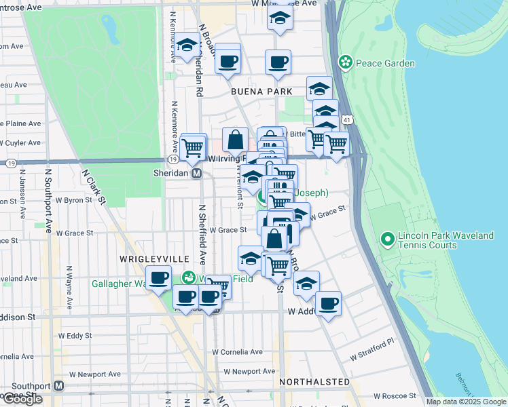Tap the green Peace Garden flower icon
pyautogui.click(x=346, y=62)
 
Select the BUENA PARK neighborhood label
pyautogui.click(x=261, y=91)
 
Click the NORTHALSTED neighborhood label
pyautogui.click(x=314, y=383)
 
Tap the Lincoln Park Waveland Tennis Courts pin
pyautogui.click(x=387, y=240)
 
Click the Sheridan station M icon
pyautogui.click(x=196, y=174)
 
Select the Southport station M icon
pyautogui.click(x=58, y=385)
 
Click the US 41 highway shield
pyautogui.click(x=347, y=119)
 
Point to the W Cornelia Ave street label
pyautogui.click(x=237, y=352)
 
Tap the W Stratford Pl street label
pyautogui.click(x=371, y=349)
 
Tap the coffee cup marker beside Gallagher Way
pyautogui.click(x=159, y=279)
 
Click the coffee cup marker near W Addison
pyautogui.click(x=328, y=303)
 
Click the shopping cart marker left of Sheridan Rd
pyautogui.click(x=193, y=147)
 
